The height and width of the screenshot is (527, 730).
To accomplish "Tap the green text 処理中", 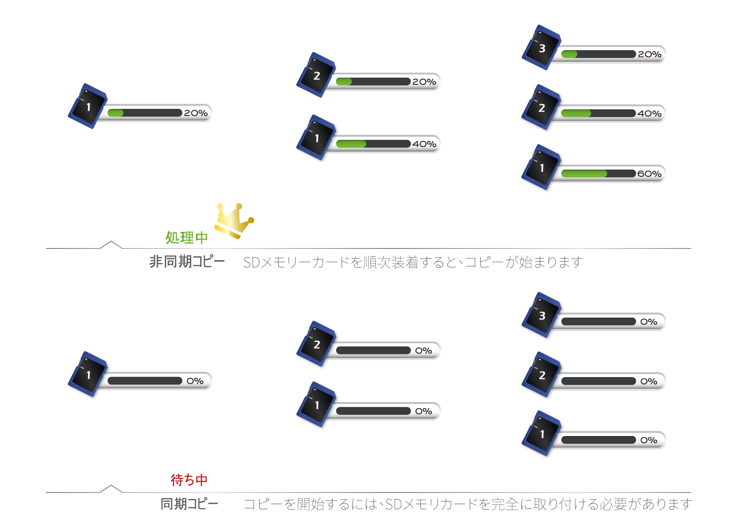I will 187,238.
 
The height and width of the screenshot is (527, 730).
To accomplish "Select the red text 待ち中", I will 189,480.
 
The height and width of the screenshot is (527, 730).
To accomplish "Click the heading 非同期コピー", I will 187,262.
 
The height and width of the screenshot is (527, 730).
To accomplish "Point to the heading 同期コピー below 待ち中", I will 189,504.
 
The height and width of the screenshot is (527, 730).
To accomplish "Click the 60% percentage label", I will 649,174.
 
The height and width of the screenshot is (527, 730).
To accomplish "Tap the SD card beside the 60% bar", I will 541,168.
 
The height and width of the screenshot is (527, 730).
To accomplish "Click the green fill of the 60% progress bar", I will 584,173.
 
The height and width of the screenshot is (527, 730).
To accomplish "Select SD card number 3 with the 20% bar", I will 542,48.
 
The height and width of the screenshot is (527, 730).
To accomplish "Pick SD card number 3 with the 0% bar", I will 542,315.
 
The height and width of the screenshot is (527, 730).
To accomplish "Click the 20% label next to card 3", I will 649,55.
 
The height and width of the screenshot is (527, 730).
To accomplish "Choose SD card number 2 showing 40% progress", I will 541,108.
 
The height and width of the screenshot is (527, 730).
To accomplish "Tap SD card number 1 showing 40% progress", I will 316,138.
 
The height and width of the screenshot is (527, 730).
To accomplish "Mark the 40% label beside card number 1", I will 424,144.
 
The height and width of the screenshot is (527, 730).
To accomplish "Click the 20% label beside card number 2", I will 424,82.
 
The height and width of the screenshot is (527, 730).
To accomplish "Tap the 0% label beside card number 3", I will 649,322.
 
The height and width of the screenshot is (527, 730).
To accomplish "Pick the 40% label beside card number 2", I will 649,114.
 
